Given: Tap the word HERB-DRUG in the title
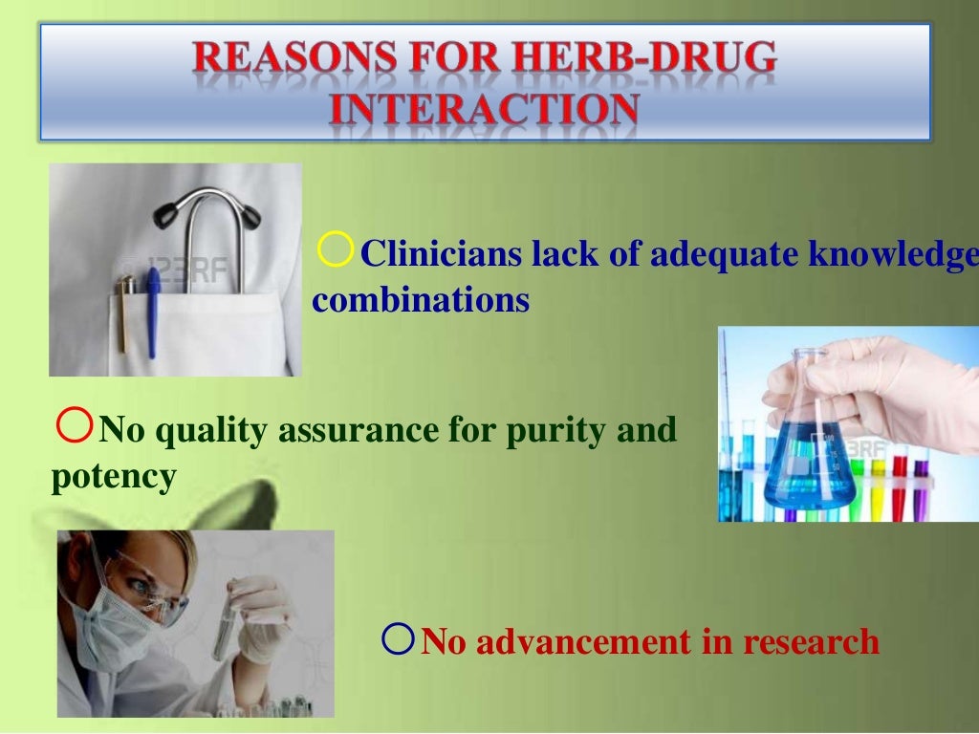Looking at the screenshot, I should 649,58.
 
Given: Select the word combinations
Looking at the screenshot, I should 421,300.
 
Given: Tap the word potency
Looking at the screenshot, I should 113,475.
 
